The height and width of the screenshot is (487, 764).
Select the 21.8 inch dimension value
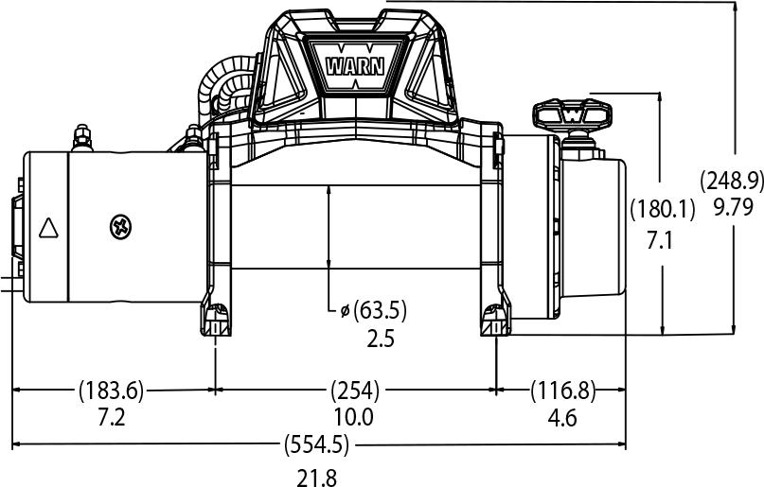pyautogui.click(x=316, y=477)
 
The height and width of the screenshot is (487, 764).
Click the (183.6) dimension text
pyautogui.click(x=112, y=389)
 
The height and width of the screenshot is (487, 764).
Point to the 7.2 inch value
pyautogui.click(x=111, y=417)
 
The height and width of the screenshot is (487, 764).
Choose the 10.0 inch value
pyautogui.click(x=354, y=417)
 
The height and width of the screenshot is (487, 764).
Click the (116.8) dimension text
pyautogui.click(x=561, y=389)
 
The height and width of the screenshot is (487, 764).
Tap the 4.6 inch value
pyautogui.click(x=561, y=417)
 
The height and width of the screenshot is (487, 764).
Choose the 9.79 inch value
pyautogui.click(x=731, y=205)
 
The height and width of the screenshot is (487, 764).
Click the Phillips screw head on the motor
pyautogui.click(x=121, y=226)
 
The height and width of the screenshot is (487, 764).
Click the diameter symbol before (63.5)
pyautogui.click(x=345, y=309)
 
